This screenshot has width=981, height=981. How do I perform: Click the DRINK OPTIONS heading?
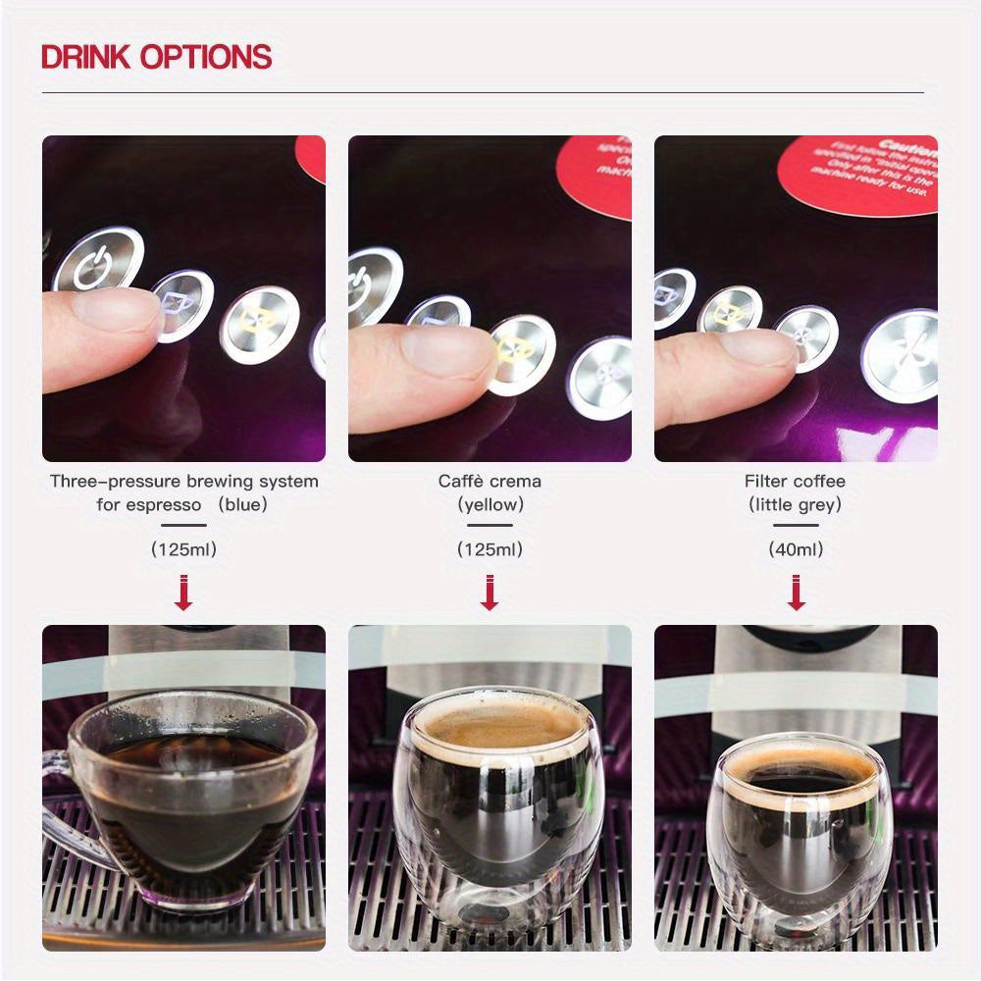tap(156, 57)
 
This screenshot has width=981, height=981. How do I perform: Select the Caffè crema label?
tap(490, 481)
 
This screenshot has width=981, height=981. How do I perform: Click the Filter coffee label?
tap(795, 481)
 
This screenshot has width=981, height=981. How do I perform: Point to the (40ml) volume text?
tap(796, 549)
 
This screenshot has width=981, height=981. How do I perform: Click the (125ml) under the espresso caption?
tap(183, 549)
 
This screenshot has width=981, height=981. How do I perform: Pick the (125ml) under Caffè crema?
tap(490, 549)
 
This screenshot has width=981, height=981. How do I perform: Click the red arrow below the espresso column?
tap(183, 593)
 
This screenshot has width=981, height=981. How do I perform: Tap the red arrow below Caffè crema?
tap(490, 593)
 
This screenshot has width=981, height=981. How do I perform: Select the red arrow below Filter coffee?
tap(796, 593)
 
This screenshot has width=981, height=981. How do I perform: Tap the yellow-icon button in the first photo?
tap(259, 324)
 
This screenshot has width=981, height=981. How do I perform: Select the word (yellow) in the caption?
tap(490, 505)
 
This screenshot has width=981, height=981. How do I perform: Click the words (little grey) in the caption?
tap(795, 505)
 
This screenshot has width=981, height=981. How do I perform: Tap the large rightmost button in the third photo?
tap(901, 355)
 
